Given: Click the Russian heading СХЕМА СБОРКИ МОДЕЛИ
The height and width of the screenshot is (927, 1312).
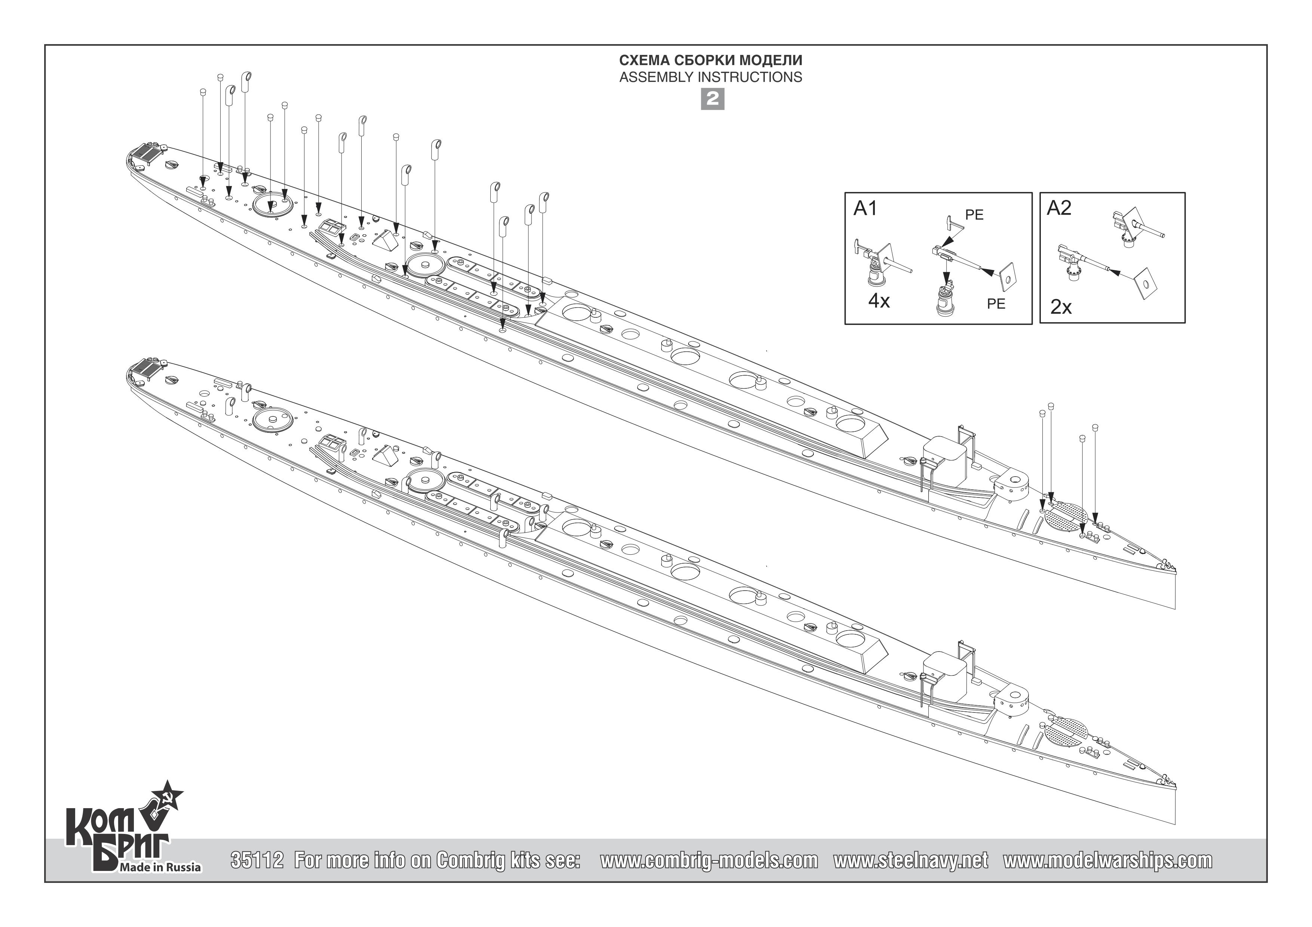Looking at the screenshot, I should click(711, 61).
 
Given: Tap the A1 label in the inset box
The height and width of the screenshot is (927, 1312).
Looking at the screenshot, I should click(865, 209).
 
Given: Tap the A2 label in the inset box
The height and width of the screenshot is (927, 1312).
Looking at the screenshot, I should click(1059, 209).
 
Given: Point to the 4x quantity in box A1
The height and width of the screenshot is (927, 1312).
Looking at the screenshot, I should click(879, 301).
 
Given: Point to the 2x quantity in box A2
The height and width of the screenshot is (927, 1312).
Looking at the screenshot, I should click(1061, 307).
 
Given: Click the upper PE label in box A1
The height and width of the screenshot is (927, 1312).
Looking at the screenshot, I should click(974, 215).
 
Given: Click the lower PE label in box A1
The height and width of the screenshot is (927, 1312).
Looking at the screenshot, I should click(996, 304).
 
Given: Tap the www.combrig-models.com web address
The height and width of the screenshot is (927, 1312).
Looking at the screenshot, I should click(709, 861).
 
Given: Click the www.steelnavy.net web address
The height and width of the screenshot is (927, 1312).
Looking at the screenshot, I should click(910, 861).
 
